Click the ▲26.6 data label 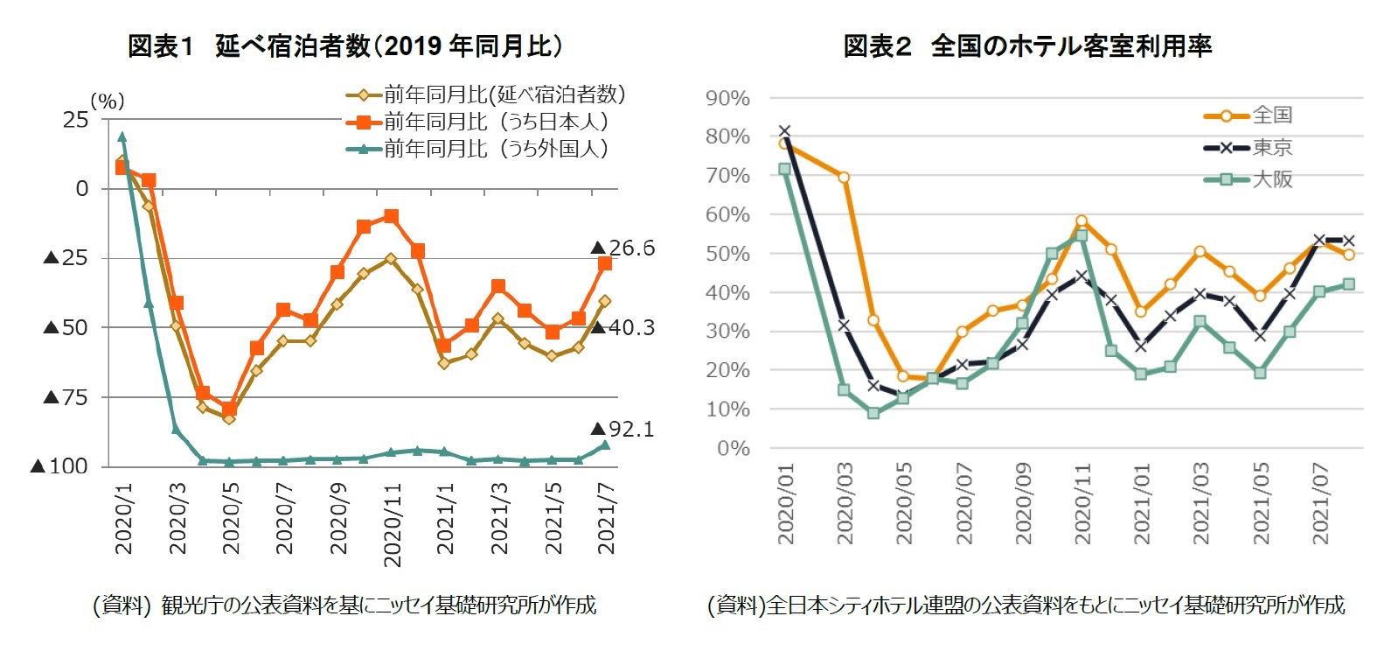click(x=622, y=248)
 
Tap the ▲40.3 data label click(x=622, y=327)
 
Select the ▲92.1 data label click(x=622, y=429)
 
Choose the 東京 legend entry click(x=1271, y=147)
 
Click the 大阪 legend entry click(x=1271, y=179)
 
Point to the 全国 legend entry click(x=1271, y=115)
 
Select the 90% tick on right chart click(x=727, y=98)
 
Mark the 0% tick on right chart click(x=733, y=449)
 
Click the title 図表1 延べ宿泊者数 click(x=344, y=45)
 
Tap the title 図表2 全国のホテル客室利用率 click(x=1026, y=45)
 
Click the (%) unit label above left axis click(x=108, y=101)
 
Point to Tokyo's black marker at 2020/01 click(x=784, y=131)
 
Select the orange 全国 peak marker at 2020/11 click(x=1082, y=221)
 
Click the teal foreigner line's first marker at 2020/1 click(x=122, y=136)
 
